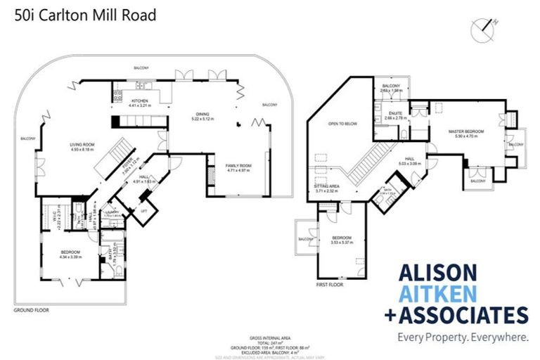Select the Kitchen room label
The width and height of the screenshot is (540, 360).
click(x=141, y=103)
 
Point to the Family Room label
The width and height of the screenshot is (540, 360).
click(x=238, y=166)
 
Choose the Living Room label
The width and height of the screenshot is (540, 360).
click(x=82, y=145)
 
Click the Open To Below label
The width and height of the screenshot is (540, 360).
click(x=342, y=124)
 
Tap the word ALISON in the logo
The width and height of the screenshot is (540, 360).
click(x=438, y=273)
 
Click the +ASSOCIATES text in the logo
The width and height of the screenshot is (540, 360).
click(x=456, y=314)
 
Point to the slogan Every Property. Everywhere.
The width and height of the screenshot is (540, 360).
click(x=463, y=337)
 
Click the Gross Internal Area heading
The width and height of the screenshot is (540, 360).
click(x=269, y=337)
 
